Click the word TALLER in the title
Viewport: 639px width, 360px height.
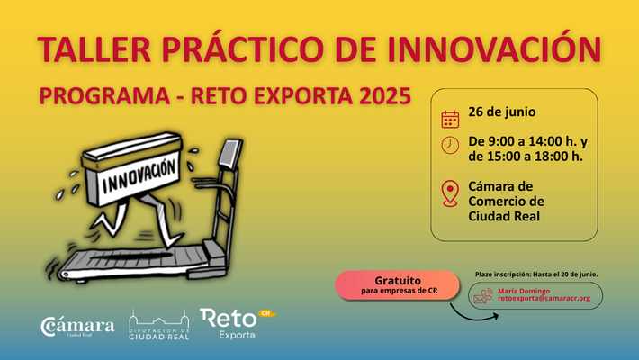tap(94, 49)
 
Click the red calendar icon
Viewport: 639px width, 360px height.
tap(450, 119)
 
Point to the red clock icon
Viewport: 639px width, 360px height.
tap(450, 145)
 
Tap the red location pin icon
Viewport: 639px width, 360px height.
tap(450, 193)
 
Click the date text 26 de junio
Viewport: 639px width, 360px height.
tap(501, 112)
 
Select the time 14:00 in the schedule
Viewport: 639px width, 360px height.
tap(545, 141)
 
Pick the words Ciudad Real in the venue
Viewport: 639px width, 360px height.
tap(504, 216)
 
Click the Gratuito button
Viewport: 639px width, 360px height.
tap(397, 285)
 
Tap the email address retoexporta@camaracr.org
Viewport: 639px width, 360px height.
tap(544, 298)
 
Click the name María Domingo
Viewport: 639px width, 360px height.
tap(524, 291)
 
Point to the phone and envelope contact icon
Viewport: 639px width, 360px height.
tap(483, 296)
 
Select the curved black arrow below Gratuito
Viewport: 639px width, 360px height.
tap(470, 317)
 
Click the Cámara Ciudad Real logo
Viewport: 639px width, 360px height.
tap(77, 327)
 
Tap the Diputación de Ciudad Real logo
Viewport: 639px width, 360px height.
tap(159, 325)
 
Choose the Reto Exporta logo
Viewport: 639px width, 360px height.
tap(238, 324)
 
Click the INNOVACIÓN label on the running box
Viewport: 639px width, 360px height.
tap(139, 176)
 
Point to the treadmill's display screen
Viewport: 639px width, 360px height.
tap(230, 152)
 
